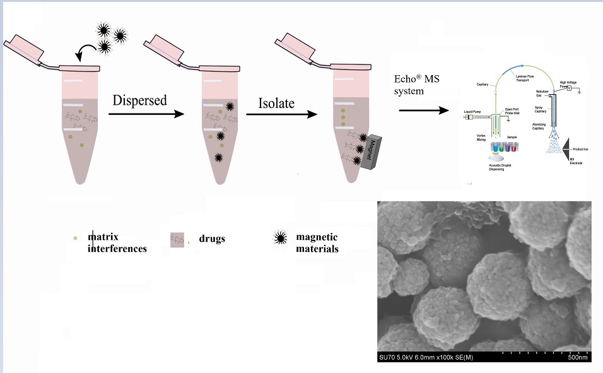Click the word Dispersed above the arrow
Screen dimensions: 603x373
click(x=140, y=100)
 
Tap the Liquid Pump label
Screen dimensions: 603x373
click(x=473, y=112)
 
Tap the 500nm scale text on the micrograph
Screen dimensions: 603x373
click(x=577, y=358)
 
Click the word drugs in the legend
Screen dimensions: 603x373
click(x=213, y=239)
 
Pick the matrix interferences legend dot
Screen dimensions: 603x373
click(x=76, y=237)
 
